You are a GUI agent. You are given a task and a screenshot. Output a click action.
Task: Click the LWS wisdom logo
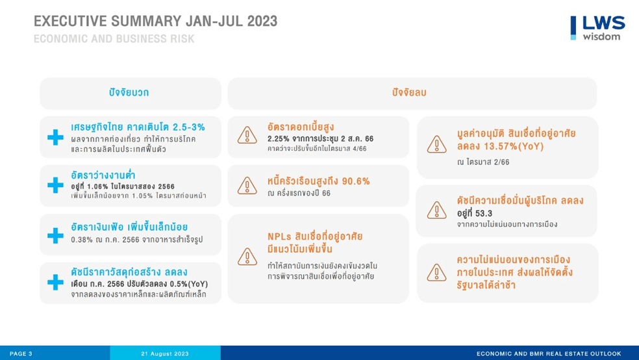click(597, 28)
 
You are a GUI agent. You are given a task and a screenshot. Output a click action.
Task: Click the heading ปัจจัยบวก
click(129, 92)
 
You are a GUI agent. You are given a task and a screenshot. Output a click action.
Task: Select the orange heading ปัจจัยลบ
click(409, 92)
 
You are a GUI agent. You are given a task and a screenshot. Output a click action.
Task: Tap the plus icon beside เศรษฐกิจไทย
click(55, 137)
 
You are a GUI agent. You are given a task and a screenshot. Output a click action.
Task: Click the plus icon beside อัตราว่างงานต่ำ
click(55, 185)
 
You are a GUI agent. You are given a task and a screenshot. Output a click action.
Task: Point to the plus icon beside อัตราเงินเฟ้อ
click(55, 235)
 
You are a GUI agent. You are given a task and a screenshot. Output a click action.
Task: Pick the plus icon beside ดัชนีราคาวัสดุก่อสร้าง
click(55, 282)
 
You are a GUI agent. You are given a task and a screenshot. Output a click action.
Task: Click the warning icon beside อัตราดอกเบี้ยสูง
click(247, 135)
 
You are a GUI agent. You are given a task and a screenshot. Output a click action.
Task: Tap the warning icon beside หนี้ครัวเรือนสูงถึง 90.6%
click(247, 186)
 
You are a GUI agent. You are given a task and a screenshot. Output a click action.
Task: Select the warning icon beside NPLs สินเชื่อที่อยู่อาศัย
click(247, 257)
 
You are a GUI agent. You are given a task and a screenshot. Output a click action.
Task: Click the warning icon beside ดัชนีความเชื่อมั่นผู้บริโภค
click(436, 211)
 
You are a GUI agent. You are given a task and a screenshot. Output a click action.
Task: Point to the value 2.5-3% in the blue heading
click(189, 127)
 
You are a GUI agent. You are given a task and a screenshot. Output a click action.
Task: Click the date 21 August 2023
click(165, 354)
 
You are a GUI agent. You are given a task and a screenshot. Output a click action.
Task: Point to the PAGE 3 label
click(21, 354)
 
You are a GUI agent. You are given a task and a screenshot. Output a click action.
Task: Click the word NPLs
click(279, 237)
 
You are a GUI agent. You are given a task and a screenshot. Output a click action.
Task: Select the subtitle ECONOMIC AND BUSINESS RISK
click(114, 39)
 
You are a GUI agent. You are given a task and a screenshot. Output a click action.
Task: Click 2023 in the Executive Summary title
click(262, 21)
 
